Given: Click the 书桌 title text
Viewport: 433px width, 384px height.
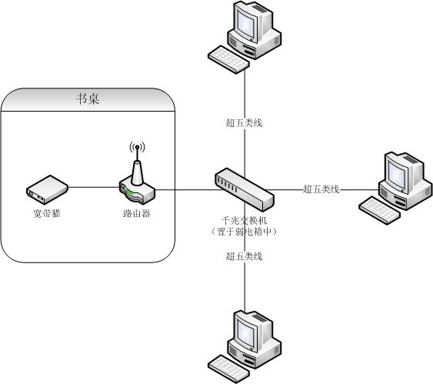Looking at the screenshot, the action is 88,99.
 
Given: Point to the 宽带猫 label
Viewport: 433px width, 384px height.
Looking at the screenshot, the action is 47,213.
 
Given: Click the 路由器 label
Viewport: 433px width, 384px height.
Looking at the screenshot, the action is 137,213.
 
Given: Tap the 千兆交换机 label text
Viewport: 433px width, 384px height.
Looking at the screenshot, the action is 244,220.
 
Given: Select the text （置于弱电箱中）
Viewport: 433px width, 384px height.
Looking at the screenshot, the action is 244,232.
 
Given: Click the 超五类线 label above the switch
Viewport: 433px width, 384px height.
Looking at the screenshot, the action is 244,122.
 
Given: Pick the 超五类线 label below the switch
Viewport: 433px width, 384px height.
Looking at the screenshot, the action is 244,256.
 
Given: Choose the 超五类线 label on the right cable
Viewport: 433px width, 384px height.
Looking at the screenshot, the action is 321,189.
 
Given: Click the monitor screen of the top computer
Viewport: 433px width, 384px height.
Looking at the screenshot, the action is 246,25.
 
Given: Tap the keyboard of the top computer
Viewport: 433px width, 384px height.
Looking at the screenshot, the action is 228,60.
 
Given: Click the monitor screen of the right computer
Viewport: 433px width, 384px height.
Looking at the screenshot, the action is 398,175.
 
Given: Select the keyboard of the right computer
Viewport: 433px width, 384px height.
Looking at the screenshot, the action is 380,211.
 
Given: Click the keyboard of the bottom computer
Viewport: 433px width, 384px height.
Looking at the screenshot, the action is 228,369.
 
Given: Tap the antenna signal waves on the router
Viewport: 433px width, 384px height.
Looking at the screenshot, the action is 137,148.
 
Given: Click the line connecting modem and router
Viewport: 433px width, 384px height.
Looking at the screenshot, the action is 94,187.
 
